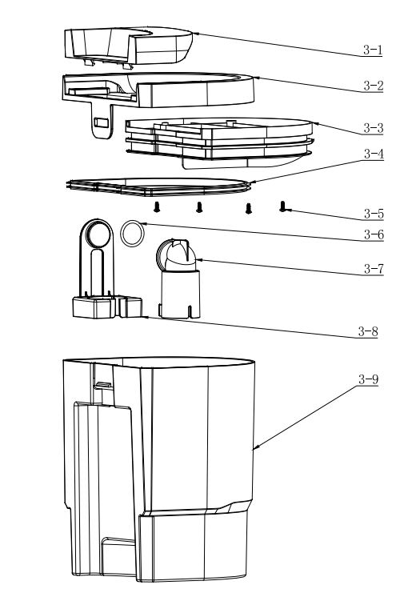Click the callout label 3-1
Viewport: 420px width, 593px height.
pyautogui.click(x=373, y=50)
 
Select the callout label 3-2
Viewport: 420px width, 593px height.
pyautogui.click(x=373, y=86)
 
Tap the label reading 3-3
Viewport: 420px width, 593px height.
pyautogui.click(x=374, y=128)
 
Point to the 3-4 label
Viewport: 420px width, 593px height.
pyautogui.click(x=374, y=154)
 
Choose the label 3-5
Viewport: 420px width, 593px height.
pyautogui.click(x=374, y=214)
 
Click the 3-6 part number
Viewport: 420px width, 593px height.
pyautogui.click(x=374, y=234)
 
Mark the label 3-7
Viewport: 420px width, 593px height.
pyautogui.click(x=374, y=269)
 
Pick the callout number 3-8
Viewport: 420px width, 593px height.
pyautogui.click(x=368, y=331)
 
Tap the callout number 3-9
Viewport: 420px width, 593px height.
pyautogui.click(x=368, y=379)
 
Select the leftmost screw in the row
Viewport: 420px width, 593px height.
pyautogui.click(x=157, y=207)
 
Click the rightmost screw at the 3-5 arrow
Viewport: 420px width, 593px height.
pyautogui.click(x=283, y=206)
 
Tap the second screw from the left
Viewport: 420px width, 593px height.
pyautogui.click(x=199, y=207)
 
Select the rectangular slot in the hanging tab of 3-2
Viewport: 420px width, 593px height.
pyautogui.click(x=102, y=122)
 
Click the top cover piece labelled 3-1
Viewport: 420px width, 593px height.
pyautogui.click(x=129, y=46)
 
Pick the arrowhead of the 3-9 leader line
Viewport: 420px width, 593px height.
pyautogui.click(x=254, y=448)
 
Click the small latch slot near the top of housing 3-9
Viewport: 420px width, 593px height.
pyautogui.click(x=103, y=385)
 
